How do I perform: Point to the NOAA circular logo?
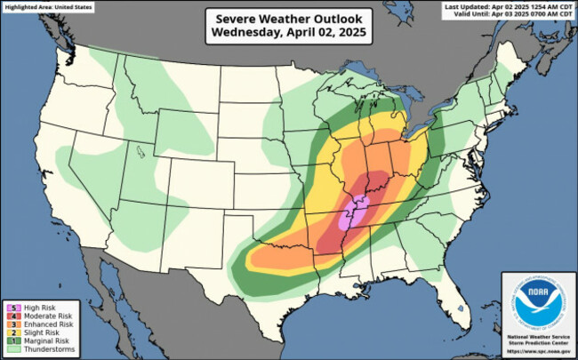[536, 302]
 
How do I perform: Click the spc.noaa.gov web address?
[536, 352]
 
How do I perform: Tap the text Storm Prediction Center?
[536, 343]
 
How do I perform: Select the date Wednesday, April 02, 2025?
[289, 32]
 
